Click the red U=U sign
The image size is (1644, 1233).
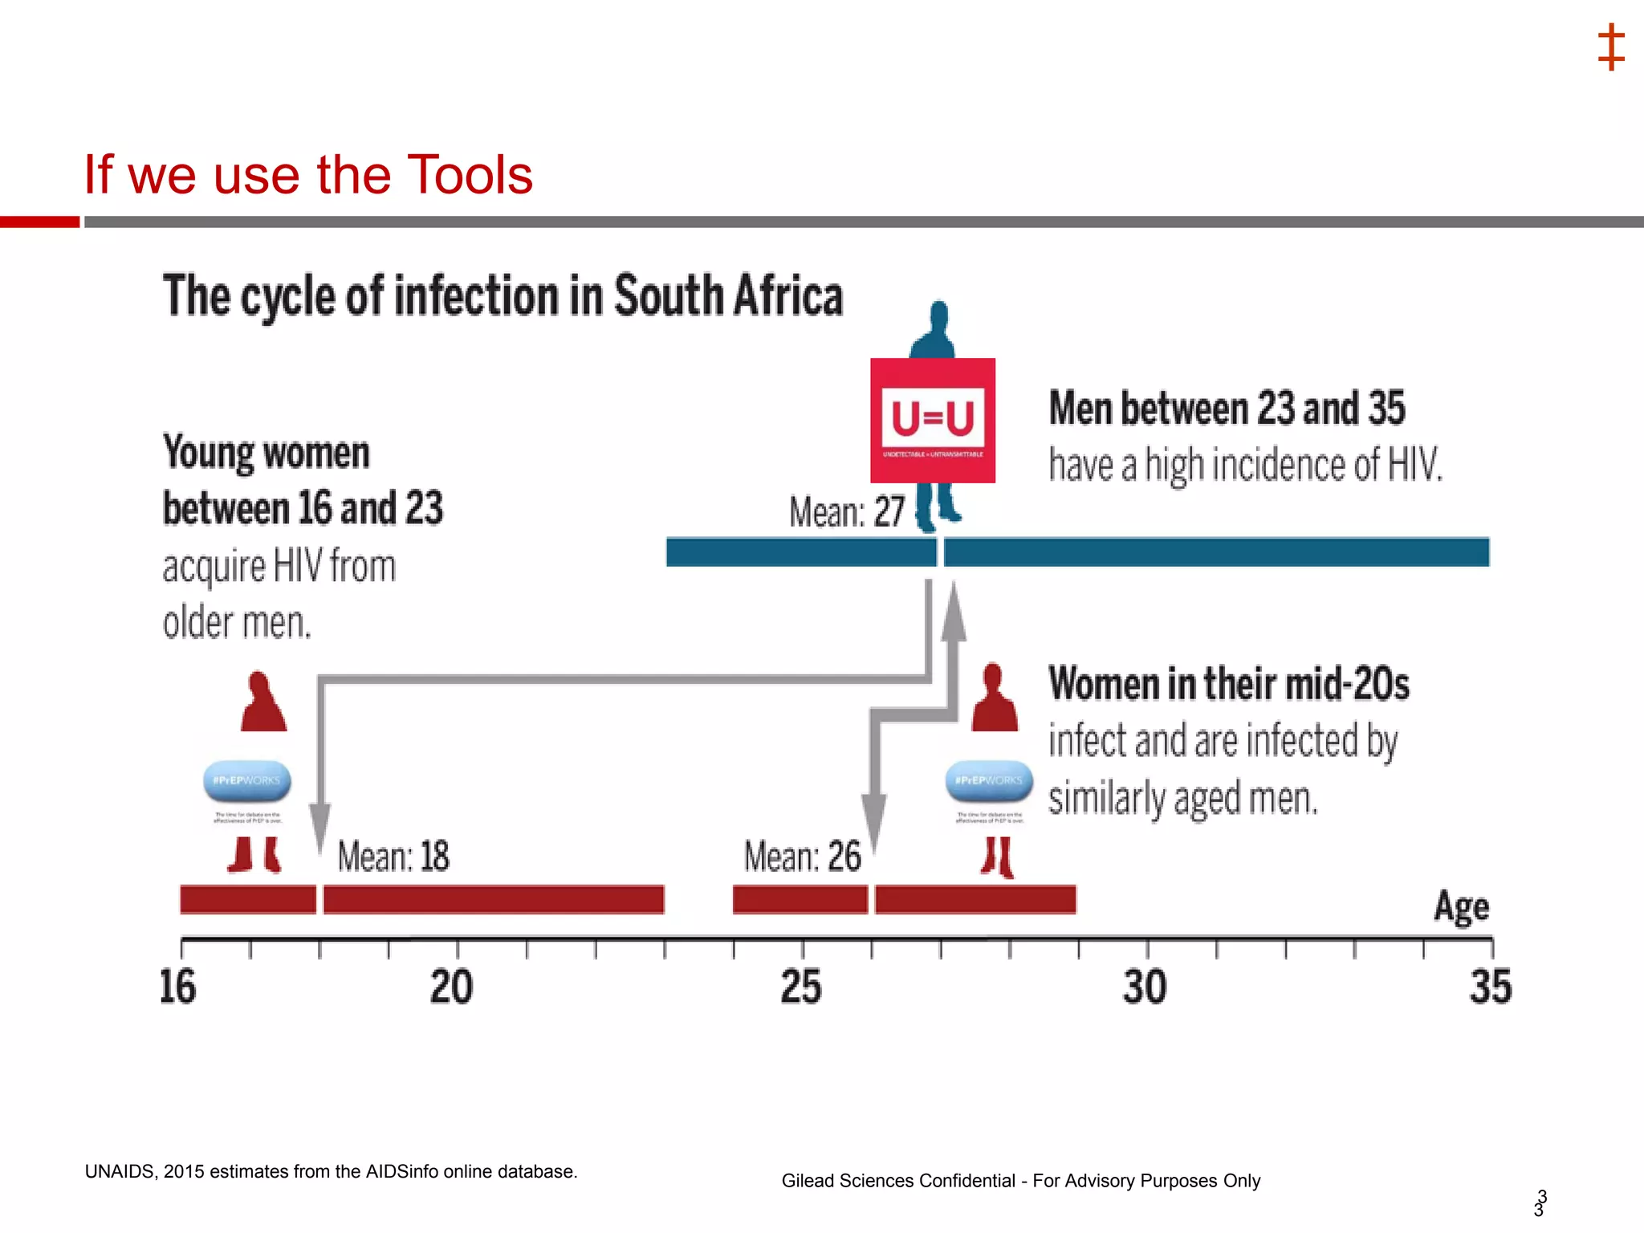pos(933,420)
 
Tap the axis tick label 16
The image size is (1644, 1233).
pos(177,987)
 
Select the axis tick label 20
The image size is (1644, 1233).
pos(451,987)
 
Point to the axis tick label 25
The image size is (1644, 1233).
pos(801,987)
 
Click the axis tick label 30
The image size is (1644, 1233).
pos(1145,987)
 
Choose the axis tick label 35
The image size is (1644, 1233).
pos(1491,987)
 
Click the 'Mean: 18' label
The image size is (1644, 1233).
pos(393,857)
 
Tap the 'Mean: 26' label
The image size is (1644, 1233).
pos(802,857)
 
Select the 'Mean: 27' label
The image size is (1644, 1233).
pos(847,512)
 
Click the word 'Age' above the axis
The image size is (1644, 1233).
pos(1462,908)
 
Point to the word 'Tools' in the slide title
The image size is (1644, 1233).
pos(470,175)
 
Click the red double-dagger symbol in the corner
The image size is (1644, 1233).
pos(1611,47)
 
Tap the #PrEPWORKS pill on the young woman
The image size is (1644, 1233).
pos(247,781)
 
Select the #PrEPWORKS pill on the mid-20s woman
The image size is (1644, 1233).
pos(989,781)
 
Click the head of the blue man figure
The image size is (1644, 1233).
pos(938,314)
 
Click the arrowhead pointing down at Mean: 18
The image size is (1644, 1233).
pos(320,827)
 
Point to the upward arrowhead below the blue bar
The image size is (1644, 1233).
pos(954,614)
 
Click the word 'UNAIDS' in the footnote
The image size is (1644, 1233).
pos(120,1171)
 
